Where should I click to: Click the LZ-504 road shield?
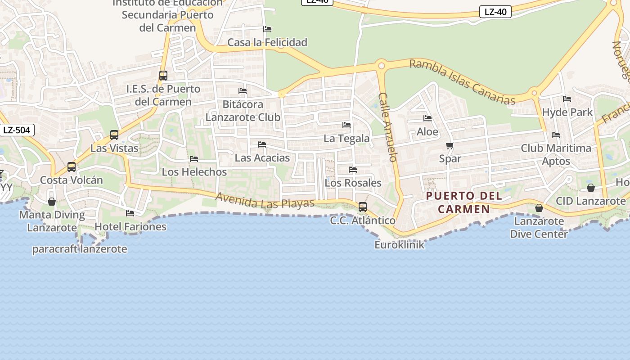coord(17,130)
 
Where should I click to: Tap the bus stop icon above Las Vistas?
coord(114,135)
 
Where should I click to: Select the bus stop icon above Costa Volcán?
coord(72,167)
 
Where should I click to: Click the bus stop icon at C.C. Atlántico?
coord(363,207)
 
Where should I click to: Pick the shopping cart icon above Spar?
coord(450,145)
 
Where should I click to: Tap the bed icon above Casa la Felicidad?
coord(267,29)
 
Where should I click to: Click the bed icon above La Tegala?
coord(346,125)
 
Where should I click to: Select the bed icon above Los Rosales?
coord(353,170)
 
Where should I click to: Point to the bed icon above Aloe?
coord(427,118)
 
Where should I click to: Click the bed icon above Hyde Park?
coord(567,99)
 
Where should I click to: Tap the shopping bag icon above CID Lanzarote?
coord(591,188)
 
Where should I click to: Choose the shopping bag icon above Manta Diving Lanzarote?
coord(52,202)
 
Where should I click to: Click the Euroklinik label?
coord(399,245)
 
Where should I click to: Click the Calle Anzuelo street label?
coord(388,127)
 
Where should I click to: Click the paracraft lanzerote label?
coord(80,249)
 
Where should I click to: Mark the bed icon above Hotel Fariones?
coord(130,213)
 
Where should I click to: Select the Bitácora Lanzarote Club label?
coord(243,111)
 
